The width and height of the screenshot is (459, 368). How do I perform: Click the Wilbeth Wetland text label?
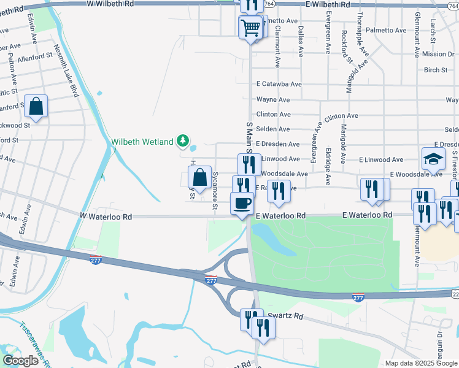pos(142,142)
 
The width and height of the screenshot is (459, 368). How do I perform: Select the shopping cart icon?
pos(250,27)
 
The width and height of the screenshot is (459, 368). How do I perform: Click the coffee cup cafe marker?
pos(241,203)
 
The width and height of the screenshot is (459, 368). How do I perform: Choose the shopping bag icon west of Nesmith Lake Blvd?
pos(36,106)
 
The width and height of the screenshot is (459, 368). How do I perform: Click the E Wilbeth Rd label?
pos(327,4)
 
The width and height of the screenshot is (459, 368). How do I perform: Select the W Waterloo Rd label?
pos(106,217)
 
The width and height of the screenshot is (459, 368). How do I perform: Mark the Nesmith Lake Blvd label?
pos(66,71)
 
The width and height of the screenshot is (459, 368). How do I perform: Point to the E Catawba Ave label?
pos(279,84)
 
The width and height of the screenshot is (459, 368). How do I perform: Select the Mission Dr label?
pos(438,54)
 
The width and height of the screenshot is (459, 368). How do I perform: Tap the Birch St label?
pos(436,70)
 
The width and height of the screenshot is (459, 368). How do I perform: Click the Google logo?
pos(20,361)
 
